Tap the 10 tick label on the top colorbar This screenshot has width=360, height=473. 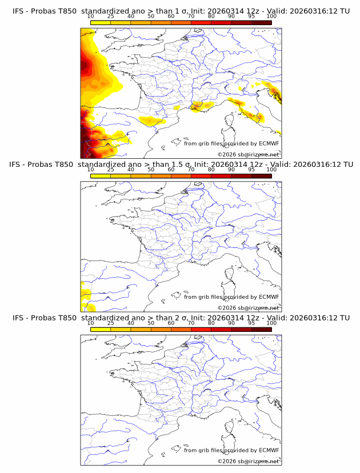90,16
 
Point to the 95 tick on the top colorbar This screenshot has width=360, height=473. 251,16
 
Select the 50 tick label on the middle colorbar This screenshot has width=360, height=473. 151,170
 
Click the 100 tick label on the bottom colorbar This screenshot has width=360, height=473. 271,323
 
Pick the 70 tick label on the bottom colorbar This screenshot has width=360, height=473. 191,323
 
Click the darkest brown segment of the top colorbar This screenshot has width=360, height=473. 261,22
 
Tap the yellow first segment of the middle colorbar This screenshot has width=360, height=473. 100,176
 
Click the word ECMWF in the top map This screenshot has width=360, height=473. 269,143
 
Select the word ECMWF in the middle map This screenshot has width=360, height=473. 269,296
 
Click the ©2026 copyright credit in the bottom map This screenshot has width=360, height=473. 248,461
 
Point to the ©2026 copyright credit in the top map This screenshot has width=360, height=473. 248,155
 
